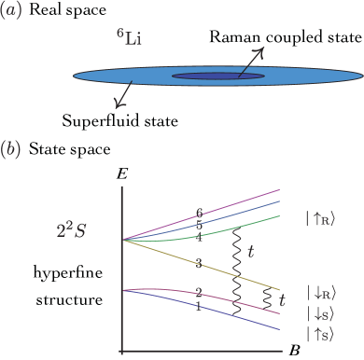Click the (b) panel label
[x=13, y=149]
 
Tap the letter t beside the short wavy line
[x=283, y=300]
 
